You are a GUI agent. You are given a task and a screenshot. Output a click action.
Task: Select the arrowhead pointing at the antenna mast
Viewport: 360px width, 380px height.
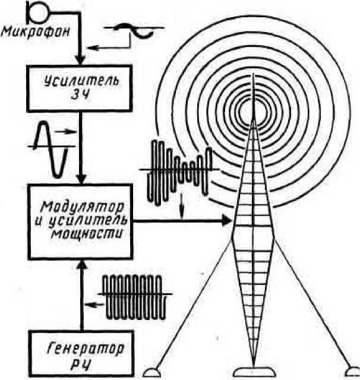tap(226, 221)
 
